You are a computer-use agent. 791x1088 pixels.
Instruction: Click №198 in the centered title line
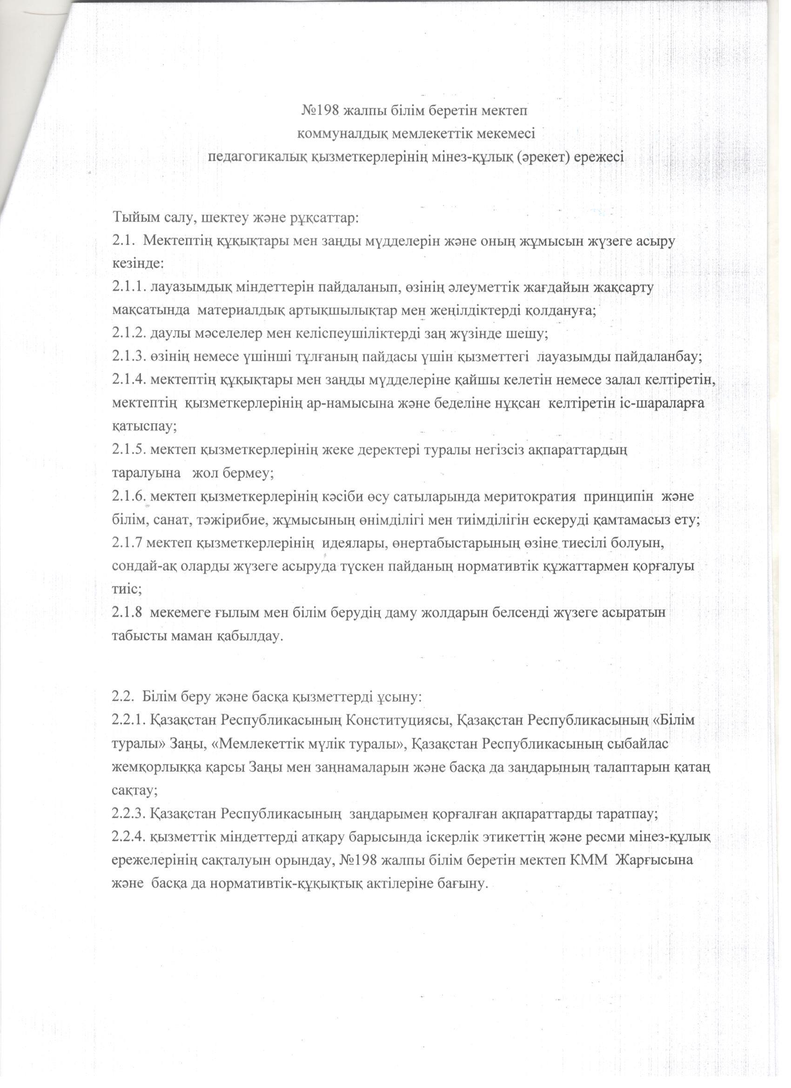tap(321, 111)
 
